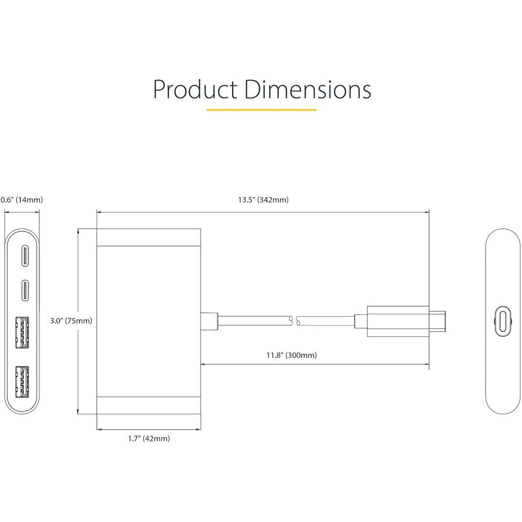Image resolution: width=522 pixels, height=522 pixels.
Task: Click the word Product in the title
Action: (x=194, y=90)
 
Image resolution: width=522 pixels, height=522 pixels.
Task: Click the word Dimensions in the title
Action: (x=307, y=90)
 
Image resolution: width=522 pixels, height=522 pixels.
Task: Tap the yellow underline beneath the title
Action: (x=261, y=109)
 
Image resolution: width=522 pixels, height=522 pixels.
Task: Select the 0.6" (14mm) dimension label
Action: (x=21, y=200)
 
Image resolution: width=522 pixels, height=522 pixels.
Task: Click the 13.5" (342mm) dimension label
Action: (x=263, y=200)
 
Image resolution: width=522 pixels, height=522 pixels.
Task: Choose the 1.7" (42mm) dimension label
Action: (x=149, y=439)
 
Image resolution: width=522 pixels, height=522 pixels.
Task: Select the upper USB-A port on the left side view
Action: (x=23, y=332)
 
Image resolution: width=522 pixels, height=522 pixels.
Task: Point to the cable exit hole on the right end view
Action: (x=502, y=320)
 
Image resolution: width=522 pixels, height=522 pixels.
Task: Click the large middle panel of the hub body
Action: (x=148, y=321)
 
